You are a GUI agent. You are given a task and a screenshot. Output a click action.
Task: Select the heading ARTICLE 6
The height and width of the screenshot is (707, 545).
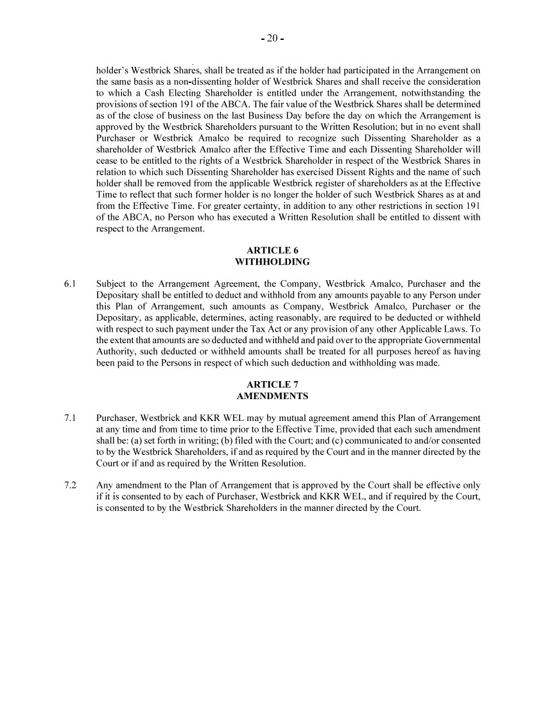272,250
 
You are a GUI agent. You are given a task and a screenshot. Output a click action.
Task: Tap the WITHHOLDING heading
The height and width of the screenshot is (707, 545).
272,262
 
